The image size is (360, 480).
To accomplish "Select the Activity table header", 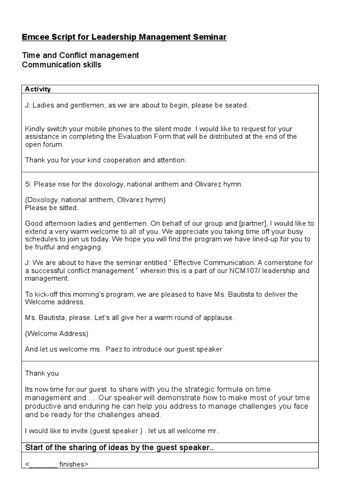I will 37,89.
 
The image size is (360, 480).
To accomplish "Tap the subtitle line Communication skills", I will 61,65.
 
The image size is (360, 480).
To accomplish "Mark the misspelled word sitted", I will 68,208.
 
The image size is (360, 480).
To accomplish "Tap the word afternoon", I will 60,224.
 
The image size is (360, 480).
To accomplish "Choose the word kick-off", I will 48,294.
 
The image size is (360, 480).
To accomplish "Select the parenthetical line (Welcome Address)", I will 56,334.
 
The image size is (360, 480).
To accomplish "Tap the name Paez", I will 114,349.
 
